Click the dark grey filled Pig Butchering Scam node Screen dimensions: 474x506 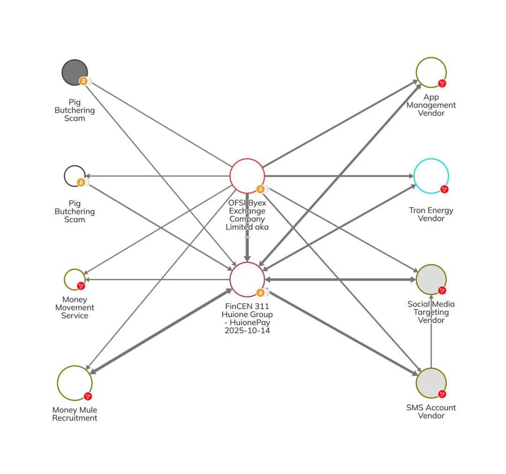(x=74, y=72)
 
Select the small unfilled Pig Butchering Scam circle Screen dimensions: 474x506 (x=74, y=176)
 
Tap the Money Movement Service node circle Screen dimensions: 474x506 (x=74, y=279)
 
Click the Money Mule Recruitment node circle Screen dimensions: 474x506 (x=74, y=383)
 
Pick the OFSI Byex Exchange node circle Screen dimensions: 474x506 (x=247, y=176)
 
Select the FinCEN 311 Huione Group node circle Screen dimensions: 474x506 (x=247, y=279)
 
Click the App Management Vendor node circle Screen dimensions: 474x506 (x=431, y=72)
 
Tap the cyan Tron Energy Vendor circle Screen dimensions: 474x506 (x=431, y=176)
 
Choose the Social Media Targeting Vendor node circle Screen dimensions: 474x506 (x=431, y=279)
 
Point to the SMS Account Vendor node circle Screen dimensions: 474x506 (x=431, y=383)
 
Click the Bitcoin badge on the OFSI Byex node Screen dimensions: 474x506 (x=260, y=189)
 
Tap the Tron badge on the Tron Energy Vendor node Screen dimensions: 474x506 (x=444, y=189)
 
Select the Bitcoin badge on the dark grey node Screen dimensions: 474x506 (x=83, y=81)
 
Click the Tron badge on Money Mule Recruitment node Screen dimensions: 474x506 (x=88, y=396)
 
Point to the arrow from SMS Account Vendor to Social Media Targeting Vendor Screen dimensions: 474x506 (x=431, y=333)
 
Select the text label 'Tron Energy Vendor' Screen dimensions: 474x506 (x=431, y=214)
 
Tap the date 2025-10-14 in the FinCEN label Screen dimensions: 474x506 (x=247, y=330)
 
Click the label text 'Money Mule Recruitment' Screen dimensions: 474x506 (x=74, y=414)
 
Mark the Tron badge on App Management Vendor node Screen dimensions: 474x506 (x=442, y=83)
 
